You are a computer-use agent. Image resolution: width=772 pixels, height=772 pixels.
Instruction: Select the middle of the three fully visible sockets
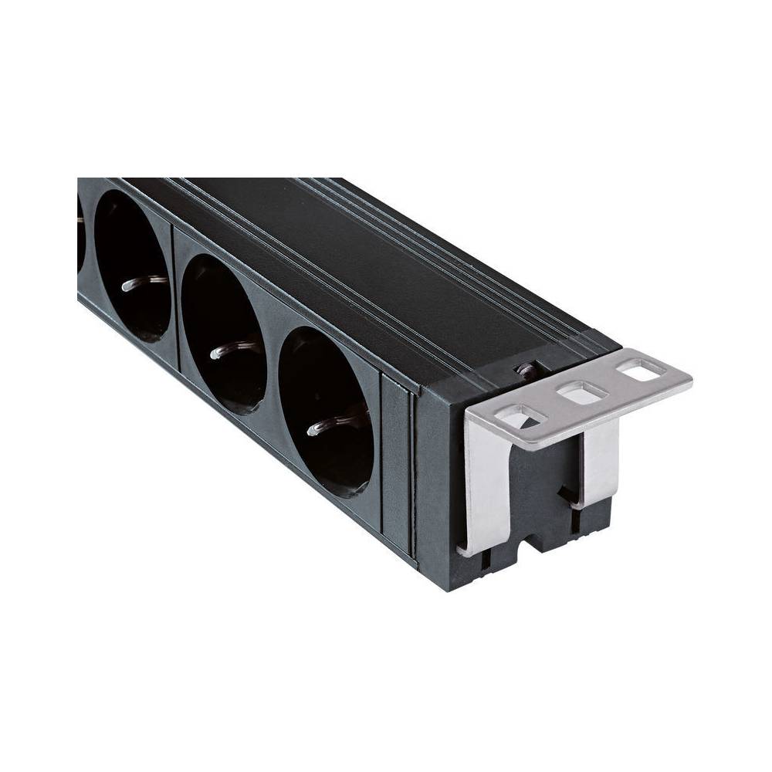tap(225, 334)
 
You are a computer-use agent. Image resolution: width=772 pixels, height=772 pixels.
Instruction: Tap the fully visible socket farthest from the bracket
tap(132, 266)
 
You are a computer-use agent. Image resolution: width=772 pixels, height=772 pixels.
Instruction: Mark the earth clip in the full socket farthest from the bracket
tap(144, 281)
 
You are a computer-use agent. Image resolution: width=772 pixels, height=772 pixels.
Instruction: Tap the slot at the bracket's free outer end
tap(642, 371)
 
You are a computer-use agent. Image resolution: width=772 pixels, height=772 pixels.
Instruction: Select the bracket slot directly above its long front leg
tap(520, 418)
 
